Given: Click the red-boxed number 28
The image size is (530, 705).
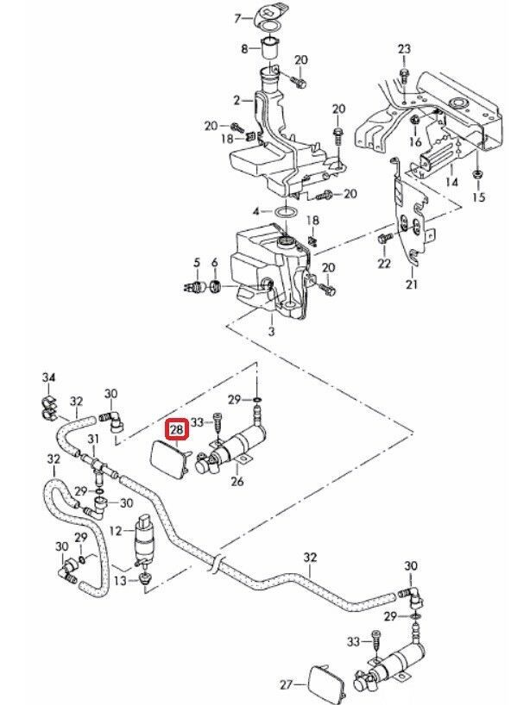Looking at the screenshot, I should tap(177, 428).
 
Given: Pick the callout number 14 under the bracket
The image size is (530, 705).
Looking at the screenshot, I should tap(451, 183).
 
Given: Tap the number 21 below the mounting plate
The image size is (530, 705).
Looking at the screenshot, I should tap(412, 284).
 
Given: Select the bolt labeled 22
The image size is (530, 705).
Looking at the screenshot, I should tap(384, 236).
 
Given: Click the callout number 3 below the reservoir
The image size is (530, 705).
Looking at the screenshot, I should tap(271, 331).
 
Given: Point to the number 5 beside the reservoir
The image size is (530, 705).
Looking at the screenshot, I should tap(197, 263).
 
